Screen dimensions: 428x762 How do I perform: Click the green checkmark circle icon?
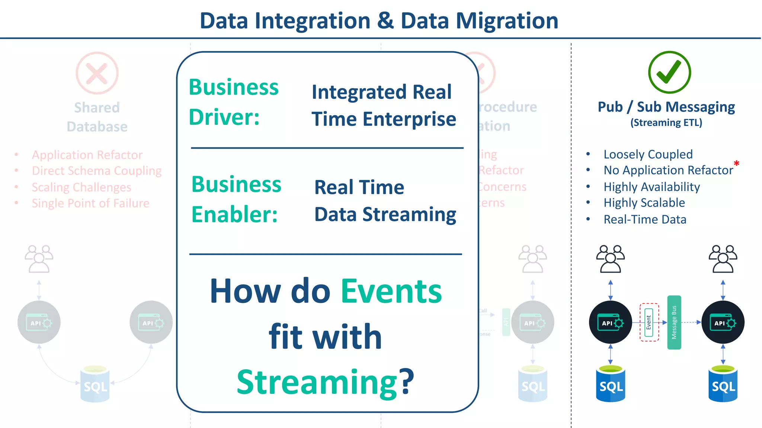[669, 72]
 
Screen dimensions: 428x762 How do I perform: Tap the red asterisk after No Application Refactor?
[736, 163]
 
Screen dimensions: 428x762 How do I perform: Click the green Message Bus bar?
[674, 322]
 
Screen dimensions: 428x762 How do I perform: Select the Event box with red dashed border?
[649, 322]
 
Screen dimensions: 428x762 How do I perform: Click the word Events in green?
[391, 291]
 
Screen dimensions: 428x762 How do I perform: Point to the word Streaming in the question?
[317, 382]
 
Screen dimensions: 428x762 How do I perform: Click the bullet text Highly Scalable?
[644, 203]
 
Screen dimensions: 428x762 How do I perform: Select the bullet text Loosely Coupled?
[648, 154]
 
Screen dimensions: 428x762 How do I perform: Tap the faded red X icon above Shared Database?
[97, 73]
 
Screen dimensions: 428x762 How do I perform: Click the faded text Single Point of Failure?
[90, 203]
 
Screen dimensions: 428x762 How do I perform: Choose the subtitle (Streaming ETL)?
[666, 123]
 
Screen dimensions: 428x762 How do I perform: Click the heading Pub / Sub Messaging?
[666, 107]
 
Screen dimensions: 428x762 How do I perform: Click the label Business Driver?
[233, 102]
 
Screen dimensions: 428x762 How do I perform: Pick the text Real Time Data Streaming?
[385, 201]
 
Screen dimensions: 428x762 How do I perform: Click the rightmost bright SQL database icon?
[723, 384]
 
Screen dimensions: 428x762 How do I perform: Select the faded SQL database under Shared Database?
[95, 385]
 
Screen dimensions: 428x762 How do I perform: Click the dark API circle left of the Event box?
[610, 322]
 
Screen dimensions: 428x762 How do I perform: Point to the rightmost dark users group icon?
[723, 259]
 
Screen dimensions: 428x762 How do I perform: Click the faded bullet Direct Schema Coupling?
[96, 171]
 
